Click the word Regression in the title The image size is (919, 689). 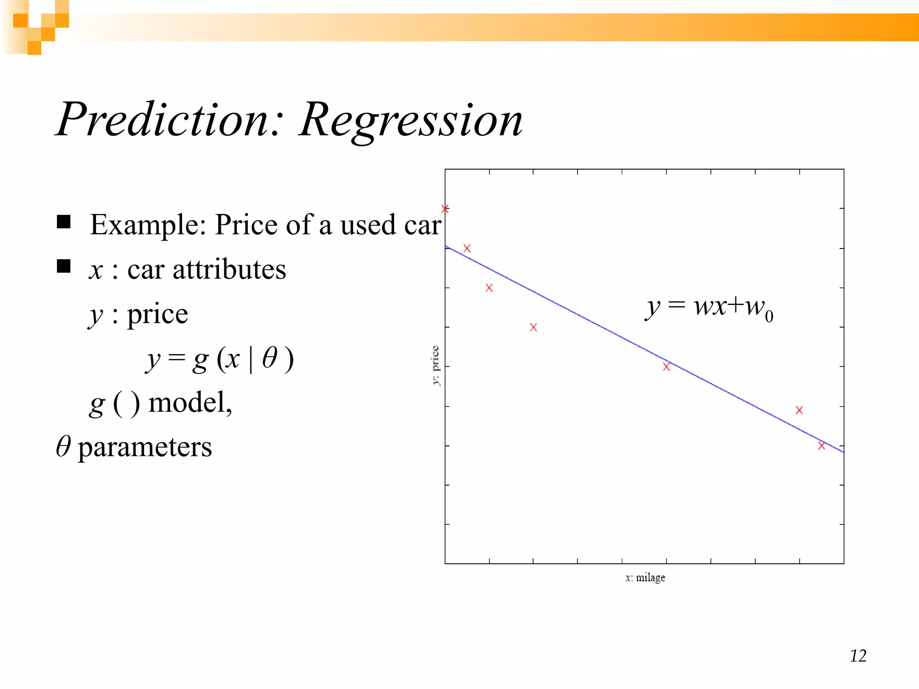[411, 120]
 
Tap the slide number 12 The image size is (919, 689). [858, 656]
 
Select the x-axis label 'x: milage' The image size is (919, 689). [645, 578]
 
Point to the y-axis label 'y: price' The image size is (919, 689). [435, 365]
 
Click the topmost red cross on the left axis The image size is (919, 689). [445, 209]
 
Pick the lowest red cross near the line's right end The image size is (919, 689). [821, 446]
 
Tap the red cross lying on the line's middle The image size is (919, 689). [666, 367]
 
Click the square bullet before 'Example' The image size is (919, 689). [64, 222]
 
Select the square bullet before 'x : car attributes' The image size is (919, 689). [64, 266]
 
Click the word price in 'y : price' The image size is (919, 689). [158, 314]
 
